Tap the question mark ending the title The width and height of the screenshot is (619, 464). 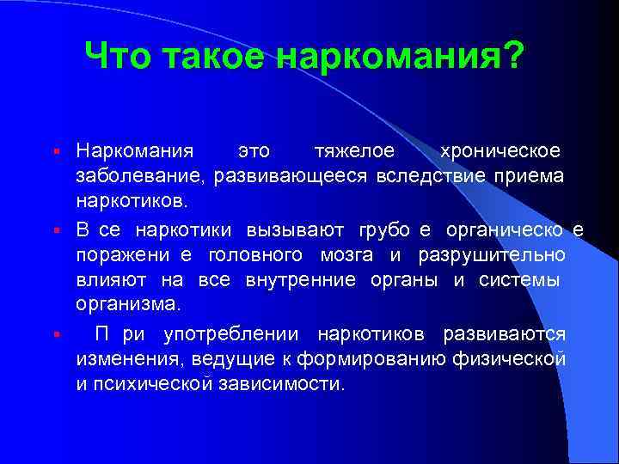tap(513, 58)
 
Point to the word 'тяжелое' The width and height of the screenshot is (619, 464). tap(354, 151)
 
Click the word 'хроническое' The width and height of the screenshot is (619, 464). tap(499, 151)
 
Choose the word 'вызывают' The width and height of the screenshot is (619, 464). tap(295, 229)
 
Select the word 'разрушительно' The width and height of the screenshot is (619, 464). tap(492, 255)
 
